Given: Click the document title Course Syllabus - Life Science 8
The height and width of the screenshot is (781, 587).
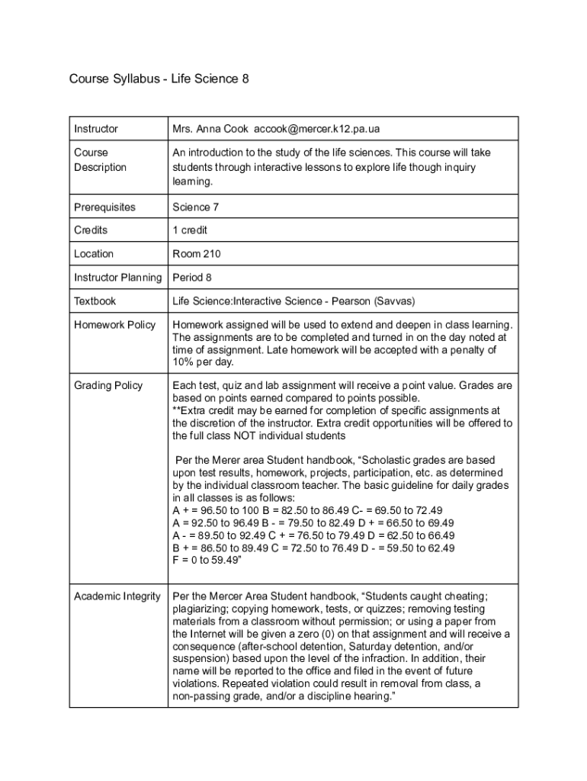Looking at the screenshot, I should pyautogui.click(x=159, y=79).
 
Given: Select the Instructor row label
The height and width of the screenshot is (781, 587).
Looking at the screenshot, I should pyautogui.click(x=96, y=129).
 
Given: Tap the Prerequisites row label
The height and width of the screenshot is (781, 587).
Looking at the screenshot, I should pyautogui.click(x=104, y=207).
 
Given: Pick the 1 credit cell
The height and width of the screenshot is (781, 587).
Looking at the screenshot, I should pyautogui.click(x=190, y=230).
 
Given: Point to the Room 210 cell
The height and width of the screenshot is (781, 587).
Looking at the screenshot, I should pyautogui.click(x=197, y=253).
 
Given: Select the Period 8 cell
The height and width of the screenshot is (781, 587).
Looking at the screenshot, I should pyautogui.click(x=192, y=277).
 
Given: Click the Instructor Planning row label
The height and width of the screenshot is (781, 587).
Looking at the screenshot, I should pyautogui.click(x=117, y=277).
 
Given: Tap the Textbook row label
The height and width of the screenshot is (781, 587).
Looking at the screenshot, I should pyautogui.click(x=95, y=301).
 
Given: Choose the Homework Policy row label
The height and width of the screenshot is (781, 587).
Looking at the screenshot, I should pyautogui.click(x=114, y=325).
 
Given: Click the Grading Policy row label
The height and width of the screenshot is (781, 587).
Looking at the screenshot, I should pyautogui.click(x=108, y=385).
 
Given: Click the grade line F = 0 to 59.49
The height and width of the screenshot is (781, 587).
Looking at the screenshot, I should pyautogui.click(x=207, y=560).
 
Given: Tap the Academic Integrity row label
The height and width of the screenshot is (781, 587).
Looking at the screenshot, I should pyautogui.click(x=117, y=596).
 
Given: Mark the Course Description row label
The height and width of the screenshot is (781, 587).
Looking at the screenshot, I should pyautogui.click(x=100, y=159).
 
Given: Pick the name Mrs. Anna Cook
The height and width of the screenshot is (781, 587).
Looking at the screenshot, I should pyautogui.click(x=210, y=129).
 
